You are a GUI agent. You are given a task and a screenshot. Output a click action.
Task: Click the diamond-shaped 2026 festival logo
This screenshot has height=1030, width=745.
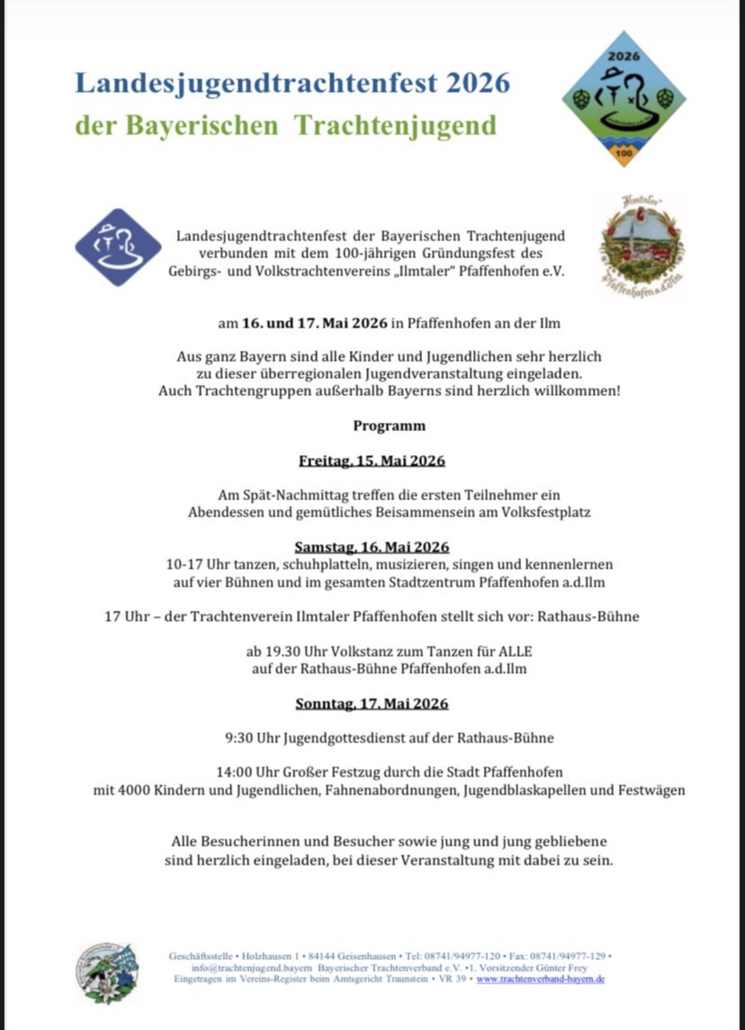click(x=623, y=99)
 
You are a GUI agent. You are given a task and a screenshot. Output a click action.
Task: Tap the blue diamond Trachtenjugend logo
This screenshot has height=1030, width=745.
click(x=118, y=247)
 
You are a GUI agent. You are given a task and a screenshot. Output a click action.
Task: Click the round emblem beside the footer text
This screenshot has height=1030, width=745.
click(x=107, y=973)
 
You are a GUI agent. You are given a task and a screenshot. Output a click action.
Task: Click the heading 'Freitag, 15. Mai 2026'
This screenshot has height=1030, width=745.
click(x=372, y=460)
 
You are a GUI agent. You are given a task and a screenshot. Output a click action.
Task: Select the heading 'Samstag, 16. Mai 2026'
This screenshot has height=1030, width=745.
click(x=372, y=547)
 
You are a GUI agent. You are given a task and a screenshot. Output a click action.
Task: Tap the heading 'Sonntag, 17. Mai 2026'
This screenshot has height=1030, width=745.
click(x=372, y=703)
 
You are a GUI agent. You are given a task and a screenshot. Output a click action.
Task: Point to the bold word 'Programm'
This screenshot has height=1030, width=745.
click(x=389, y=426)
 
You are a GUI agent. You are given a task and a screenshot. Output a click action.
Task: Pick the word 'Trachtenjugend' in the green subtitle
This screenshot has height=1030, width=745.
click(x=395, y=125)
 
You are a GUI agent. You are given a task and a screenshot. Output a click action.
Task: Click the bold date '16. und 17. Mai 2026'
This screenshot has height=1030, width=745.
click(x=315, y=323)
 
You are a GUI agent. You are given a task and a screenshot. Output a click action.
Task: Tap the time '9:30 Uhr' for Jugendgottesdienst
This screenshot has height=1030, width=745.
click(x=252, y=738)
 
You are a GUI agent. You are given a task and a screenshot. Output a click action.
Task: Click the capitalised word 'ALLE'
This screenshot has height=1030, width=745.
click(x=514, y=651)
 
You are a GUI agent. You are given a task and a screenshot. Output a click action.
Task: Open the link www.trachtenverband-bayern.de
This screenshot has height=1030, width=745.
click(x=540, y=979)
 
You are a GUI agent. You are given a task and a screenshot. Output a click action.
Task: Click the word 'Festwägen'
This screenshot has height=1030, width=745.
click(x=651, y=790)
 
